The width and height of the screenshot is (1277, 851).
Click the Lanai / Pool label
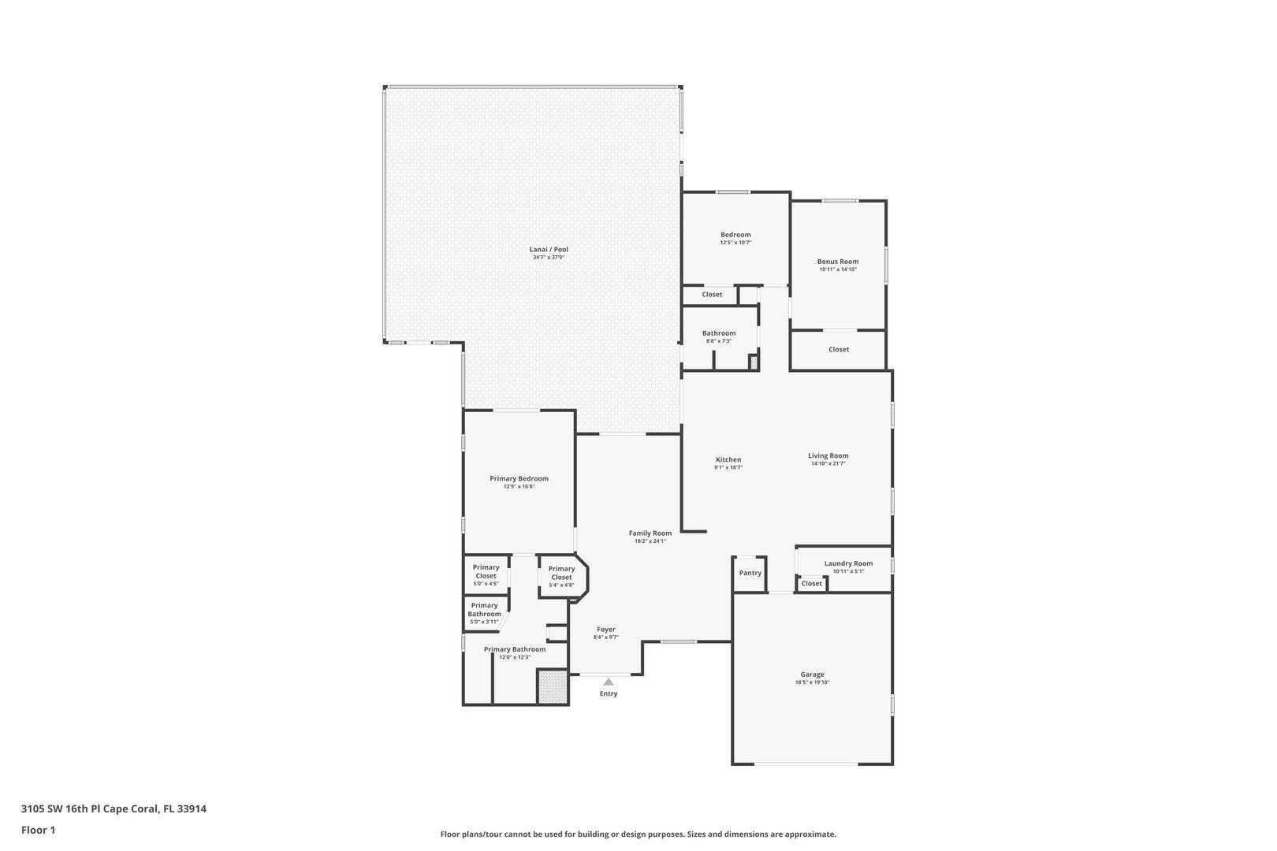point(549,250)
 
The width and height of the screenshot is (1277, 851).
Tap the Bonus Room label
point(838,262)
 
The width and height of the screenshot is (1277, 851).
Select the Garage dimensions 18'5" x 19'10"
point(812,682)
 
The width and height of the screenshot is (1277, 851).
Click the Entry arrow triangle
point(609,682)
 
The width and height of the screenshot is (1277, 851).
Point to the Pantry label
point(750,573)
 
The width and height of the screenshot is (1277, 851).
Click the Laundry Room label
point(848,563)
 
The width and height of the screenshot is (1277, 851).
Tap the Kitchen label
point(728,459)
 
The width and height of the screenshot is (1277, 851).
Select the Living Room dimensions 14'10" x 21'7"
point(828,464)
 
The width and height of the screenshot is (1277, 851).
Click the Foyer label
point(606,629)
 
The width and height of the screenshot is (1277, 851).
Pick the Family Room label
point(650,533)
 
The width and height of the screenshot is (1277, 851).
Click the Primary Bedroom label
point(519,478)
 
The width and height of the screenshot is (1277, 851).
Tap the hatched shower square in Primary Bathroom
point(553,686)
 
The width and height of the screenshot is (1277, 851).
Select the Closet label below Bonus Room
point(839,349)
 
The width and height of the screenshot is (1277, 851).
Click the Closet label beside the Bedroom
point(712,295)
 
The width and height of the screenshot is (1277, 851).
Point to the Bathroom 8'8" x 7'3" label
point(718,333)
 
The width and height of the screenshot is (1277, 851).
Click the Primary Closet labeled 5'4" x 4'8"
point(561,573)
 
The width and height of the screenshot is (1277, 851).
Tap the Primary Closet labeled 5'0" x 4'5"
point(486,572)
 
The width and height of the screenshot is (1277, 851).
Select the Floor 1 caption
point(38,830)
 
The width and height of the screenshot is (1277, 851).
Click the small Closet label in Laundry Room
point(811,584)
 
